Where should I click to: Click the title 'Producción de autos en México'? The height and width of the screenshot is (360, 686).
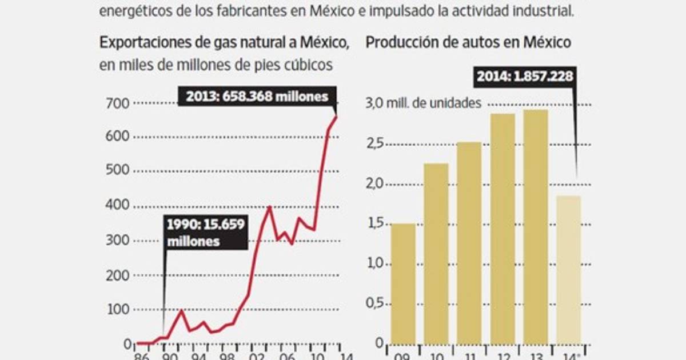pyautogui.click(x=468, y=43)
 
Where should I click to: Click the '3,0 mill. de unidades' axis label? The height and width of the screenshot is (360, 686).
pyautogui.click(x=423, y=103)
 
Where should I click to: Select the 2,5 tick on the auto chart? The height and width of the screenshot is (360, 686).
pyautogui.click(x=375, y=144)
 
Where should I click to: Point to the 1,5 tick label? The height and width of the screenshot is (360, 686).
pyautogui.click(x=375, y=224)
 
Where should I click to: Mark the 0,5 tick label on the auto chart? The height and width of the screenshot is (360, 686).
pyautogui.click(x=375, y=304)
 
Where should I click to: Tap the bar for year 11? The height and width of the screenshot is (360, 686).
pyautogui.click(x=469, y=242)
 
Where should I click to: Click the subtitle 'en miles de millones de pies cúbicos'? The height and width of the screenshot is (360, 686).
pyautogui.click(x=216, y=65)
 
